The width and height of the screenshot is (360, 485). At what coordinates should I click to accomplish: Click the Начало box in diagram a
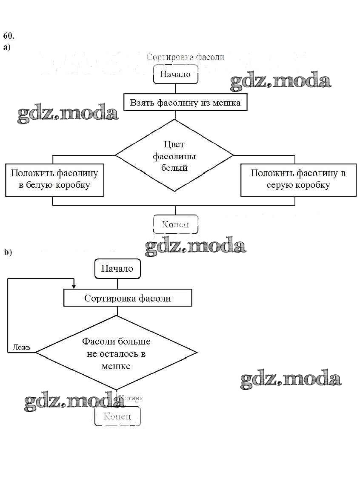pos(175,74)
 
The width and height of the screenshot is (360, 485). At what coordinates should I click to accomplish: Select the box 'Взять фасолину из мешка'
pos(185,103)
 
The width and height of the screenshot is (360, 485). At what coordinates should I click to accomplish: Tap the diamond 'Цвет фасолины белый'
pos(175,156)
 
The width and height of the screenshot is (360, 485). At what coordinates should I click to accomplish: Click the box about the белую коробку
pos(54,179)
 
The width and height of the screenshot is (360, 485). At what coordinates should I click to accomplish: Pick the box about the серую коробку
pos(298,179)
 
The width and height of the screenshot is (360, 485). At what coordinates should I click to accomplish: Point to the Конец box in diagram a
pos(175,224)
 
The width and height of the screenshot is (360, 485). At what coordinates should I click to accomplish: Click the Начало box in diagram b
pos(117,269)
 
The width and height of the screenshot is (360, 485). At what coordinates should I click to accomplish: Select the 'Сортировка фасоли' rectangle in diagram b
pos(128,298)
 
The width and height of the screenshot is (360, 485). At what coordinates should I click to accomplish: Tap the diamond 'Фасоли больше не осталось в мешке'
pos(116,353)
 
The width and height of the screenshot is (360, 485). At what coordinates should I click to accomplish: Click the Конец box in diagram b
pos(117,416)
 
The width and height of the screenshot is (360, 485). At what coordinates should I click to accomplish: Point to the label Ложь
pos(21,347)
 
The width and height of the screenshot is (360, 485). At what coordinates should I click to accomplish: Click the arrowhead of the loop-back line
pos(74,287)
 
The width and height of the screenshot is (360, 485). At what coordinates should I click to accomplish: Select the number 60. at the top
pos(9,35)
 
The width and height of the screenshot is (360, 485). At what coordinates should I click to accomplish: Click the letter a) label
pos(6,47)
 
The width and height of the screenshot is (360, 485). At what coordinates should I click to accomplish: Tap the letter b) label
pos(8,252)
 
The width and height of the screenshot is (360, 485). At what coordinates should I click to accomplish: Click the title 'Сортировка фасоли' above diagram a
pos(185,57)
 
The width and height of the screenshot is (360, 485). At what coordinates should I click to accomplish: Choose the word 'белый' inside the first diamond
pos(174,167)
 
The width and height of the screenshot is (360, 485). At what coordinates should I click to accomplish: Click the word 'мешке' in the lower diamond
pos(116,366)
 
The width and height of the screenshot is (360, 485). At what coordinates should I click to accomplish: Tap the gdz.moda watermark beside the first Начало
pos(280,82)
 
